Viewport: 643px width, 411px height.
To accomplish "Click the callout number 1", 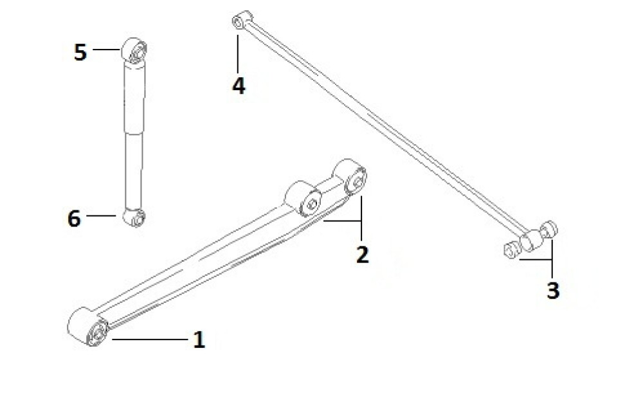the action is (x=199, y=340).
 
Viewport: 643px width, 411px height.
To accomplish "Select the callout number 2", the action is (x=363, y=254).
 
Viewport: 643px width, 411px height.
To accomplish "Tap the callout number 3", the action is (x=553, y=290).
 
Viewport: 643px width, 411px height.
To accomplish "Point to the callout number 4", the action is (x=239, y=86).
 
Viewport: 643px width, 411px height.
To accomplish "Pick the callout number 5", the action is (x=80, y=53).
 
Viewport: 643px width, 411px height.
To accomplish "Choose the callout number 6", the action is (x=74, y=218).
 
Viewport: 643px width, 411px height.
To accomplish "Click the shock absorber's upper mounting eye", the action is (x=134, y=50).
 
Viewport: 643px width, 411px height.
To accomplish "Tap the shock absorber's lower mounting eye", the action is (x=134, y=217).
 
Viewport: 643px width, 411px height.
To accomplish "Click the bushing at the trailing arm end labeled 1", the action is (x=87, y=327).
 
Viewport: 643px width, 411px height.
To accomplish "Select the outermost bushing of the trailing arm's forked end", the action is (x=350, y=176).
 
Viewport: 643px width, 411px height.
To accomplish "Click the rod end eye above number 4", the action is (x=242, y=20).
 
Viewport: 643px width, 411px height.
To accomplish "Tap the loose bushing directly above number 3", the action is (x=549, y=229).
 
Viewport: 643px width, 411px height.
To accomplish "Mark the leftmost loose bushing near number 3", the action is (x=511, y=250).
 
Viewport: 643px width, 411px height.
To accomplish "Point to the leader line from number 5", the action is (x=107, y=50).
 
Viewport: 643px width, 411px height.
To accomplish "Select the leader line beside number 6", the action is (x=102, y=215).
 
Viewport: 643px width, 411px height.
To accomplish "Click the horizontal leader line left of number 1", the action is (x=150, y=339).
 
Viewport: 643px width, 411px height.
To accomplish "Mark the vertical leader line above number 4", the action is (x=238, y=55).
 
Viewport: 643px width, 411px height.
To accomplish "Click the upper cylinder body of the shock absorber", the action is (x=134, y=98).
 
